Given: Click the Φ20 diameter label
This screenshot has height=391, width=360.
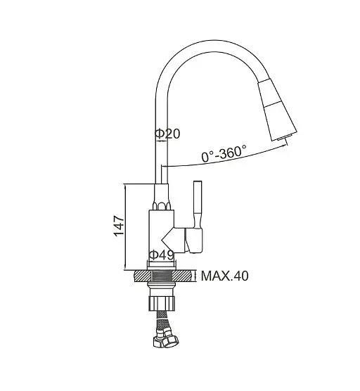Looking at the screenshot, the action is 167,134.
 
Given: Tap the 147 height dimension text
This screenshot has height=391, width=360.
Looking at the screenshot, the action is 119,226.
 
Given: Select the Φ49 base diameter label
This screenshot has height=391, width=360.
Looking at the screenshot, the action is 162,255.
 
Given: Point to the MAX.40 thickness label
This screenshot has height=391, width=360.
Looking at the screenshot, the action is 224,276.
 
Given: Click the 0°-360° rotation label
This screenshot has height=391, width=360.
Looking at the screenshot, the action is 224,153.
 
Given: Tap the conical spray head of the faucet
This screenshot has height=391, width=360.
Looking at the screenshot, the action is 277,110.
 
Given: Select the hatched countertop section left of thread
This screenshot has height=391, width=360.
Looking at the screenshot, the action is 143,276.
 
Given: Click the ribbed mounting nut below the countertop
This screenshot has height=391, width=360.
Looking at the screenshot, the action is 162,303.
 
